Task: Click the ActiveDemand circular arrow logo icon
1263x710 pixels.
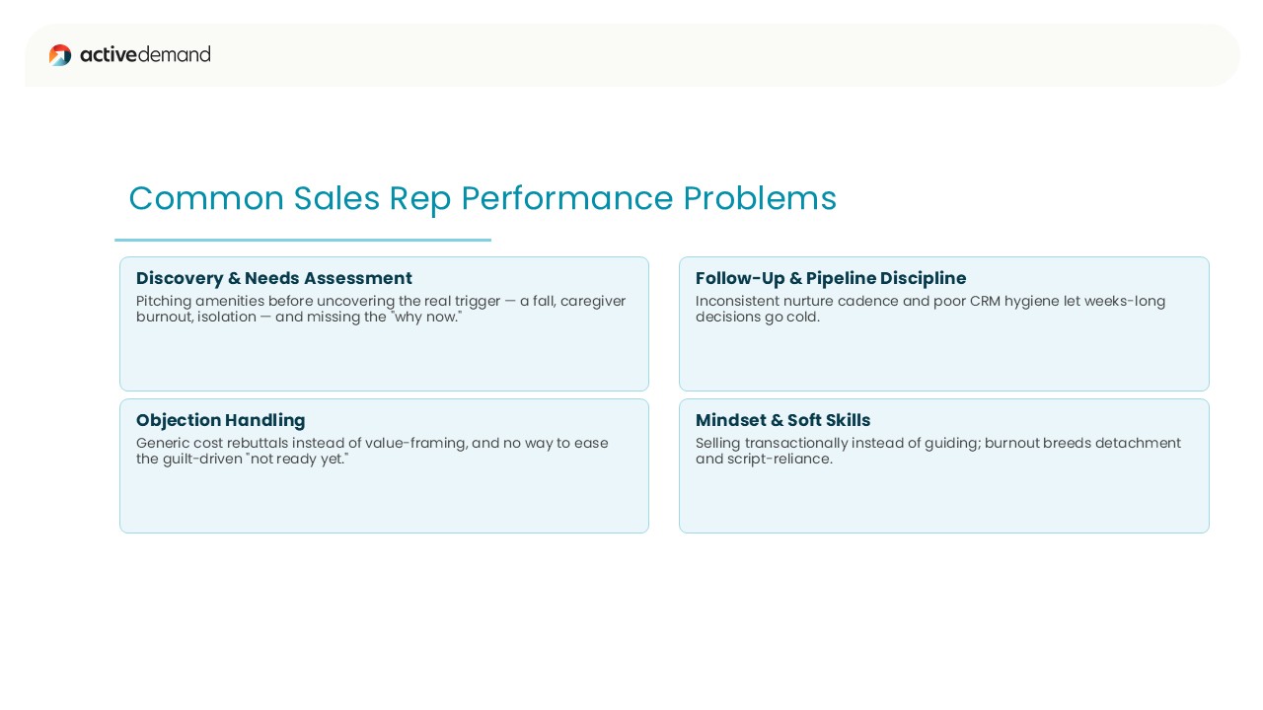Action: point(60,55)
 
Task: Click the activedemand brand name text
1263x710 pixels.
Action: point(145,54)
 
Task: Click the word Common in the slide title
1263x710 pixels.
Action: point(206,198)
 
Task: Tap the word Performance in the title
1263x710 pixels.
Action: point(567,198)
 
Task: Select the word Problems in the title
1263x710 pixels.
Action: point(760,198)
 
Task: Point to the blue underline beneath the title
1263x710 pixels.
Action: point(303,240)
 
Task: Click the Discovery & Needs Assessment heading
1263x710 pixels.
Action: point(274,278)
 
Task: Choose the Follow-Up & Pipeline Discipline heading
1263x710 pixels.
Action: point(831,278)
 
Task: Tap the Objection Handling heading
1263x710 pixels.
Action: point(220,420)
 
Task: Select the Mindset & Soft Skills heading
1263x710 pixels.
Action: point(782,420)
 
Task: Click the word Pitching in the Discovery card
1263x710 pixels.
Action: point(164,302)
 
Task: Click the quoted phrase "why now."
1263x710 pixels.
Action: point(425,317)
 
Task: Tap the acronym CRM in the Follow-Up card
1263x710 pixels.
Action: point(985,301)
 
